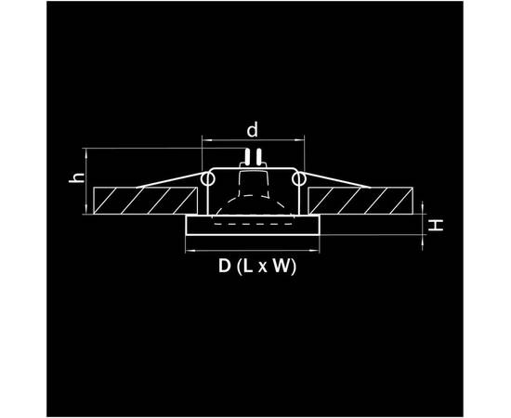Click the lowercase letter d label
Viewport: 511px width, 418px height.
coord(252,130)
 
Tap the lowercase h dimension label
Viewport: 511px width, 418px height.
coord(77,177)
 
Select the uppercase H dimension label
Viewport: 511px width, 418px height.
coord(436,225)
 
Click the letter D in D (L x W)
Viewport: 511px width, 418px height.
coord(224,266)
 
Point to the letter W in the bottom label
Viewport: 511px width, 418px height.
coord(281,266)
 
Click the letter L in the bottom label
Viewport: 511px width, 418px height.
coord(248,266)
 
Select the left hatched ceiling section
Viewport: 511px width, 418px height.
coord(145,201)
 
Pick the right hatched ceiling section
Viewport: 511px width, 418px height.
coord(360,201)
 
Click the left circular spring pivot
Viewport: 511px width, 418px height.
coord(207,179)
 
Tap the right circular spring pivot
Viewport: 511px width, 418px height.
coord(298,179)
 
